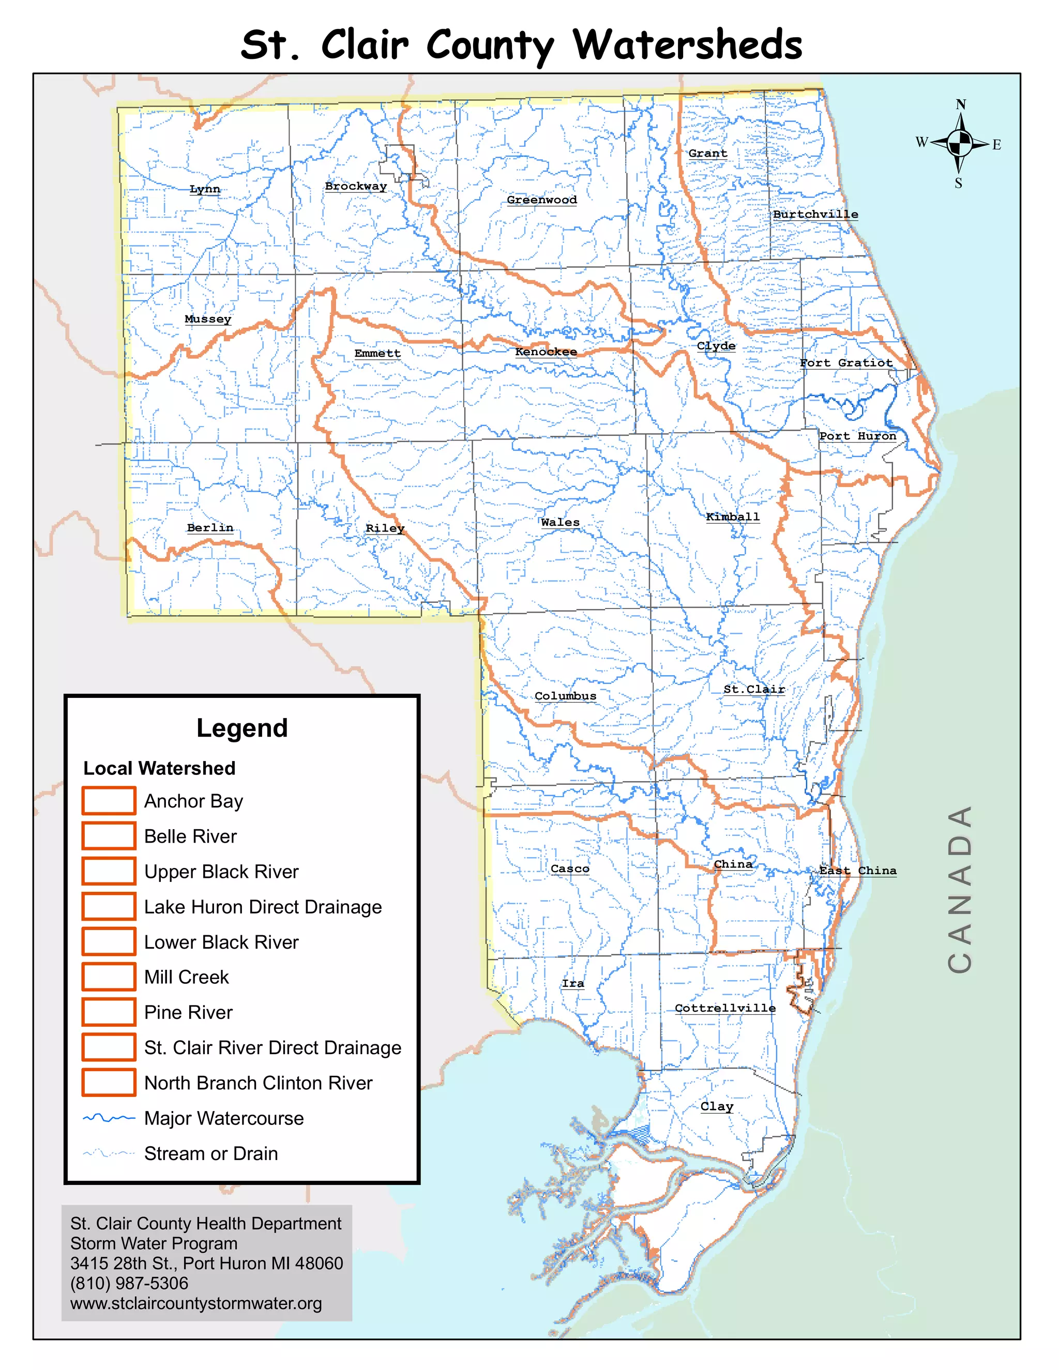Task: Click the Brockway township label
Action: pyautogui.click(x=356, y=186)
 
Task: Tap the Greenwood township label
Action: pyautogui.click(x=541, y=200)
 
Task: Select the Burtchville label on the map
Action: pyautogui.click(x=815, y=215)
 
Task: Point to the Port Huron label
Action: pyautogui.click(x=858, y=436)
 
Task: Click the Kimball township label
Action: pyautogui.click(x=732, y=517)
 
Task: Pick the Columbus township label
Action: pyautogui.click(x=565, y=696)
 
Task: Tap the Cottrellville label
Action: pyautogui.click(x=724, y=1008)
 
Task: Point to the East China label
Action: pyautogui.click(x=858, y=871)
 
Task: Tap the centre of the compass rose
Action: pyautogui.click(x=959, y=144)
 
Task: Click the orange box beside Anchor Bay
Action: pyautogui.click(x=109, y=800)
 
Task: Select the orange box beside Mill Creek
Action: pyautogui.click(x=109, y=977)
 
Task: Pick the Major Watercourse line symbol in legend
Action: pyautogui.click(x=109, y=1118)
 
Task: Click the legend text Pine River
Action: pyautogui.click(x=188, y=1012)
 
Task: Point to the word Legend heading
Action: pyautogui.click(x=242, y=728)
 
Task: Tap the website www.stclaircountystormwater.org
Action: pyautogui.click(x=196, y=1303)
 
